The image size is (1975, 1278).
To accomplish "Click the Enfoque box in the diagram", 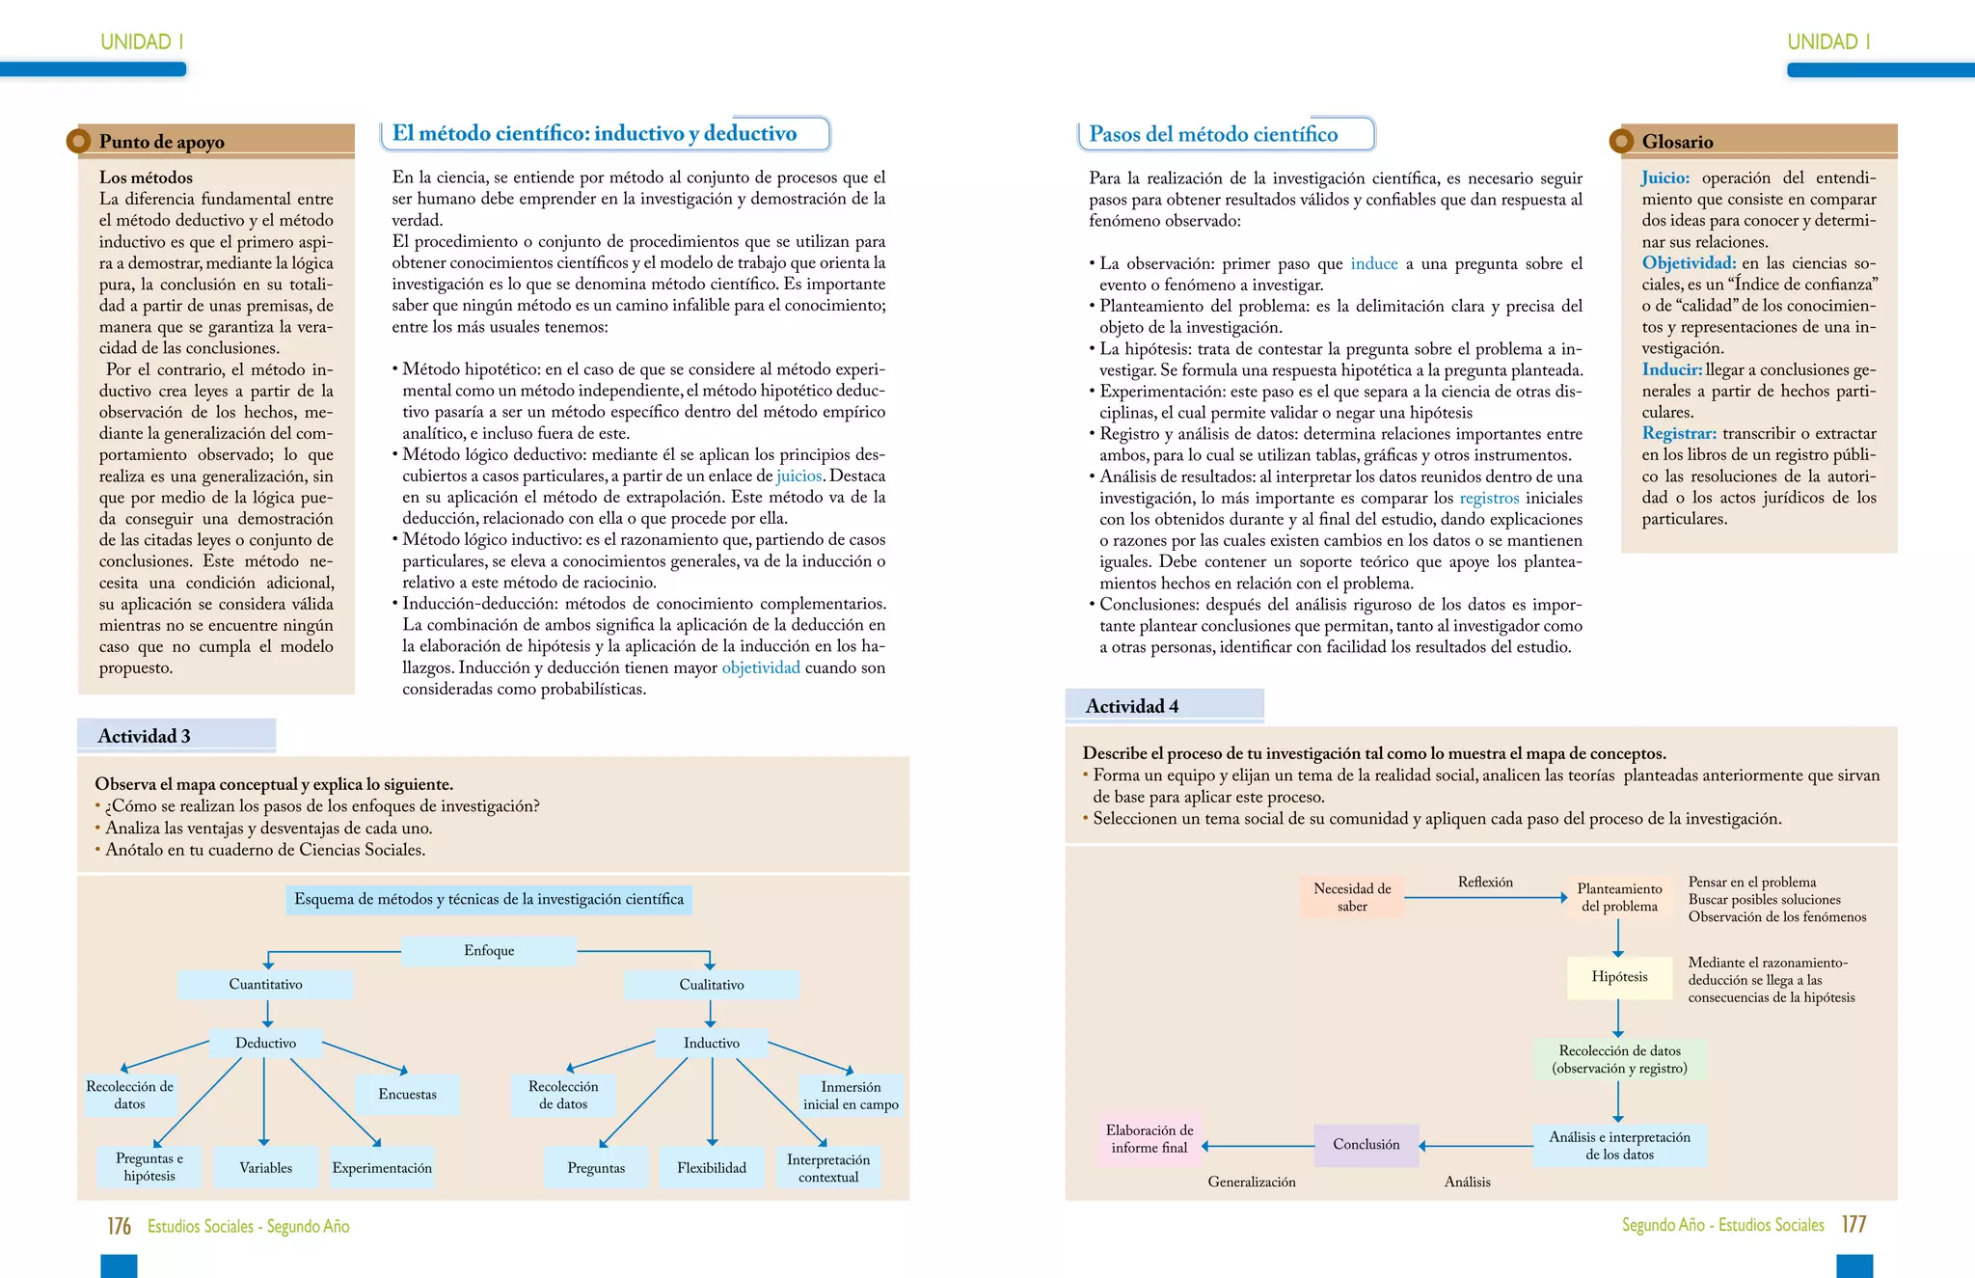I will click(x=489, y=951).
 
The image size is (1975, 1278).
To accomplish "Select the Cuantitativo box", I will click(x=265, y=985).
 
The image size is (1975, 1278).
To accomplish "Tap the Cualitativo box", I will click(x=712, y=985).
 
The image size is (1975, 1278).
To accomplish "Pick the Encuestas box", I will click(x=407, y=1095).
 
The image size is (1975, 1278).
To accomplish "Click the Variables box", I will click(x=265, y=1168).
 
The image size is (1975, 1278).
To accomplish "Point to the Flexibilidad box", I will click(x=712, y=1168).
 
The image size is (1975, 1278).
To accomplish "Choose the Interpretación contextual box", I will click(x=828, y=1168).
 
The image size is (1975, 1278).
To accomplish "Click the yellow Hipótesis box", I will click(x=1619, y=977).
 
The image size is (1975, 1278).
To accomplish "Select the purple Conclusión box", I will click(x=1366, y=1145).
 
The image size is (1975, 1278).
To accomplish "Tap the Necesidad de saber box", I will click(x=1352, y=897).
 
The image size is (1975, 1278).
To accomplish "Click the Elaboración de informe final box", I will click(x=1149, y=1139).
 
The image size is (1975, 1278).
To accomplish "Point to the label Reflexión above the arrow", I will click(x=1485, y=883).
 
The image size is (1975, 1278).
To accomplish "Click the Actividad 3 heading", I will click(x=145, y=736).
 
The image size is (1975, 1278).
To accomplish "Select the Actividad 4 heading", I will click(x=1132, y=706).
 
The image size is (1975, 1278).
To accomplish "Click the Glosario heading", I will click(x=1677, y=142).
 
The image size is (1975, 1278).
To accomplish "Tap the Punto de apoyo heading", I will click(x=162, y=142).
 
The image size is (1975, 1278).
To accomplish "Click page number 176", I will click(x=119, y=1226).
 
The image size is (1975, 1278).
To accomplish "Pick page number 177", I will click(x=1853, y=1225).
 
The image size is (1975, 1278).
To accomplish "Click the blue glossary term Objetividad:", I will click(x=1689, y=263).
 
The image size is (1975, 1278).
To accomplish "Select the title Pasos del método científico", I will click(x=1213, y=135).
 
